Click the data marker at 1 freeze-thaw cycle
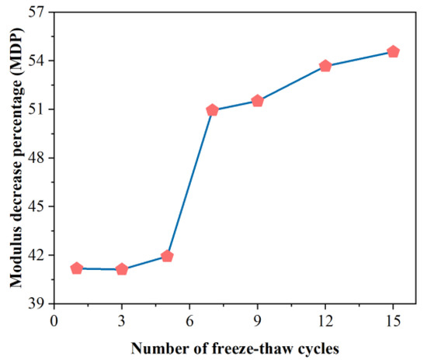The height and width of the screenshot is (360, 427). [x=76, y=268]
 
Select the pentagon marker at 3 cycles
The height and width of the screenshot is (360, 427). [x=122, y=269]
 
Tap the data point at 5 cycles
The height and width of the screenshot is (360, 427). [x=167, y=256]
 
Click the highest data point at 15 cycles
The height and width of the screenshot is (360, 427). [x=393, y=52]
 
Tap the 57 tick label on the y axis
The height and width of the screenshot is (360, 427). [x=37, y=12]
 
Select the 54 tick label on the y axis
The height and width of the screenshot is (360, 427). [x=37, y=61]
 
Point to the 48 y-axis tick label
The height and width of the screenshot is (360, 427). [x=37, y=158]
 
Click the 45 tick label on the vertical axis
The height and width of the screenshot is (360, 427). [x=37, y=206]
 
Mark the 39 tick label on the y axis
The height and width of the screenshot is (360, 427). [x=37, y=303]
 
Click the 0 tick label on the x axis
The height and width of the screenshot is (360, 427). [x=54, y=320]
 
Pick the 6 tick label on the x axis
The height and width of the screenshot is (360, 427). [x=189, y=320]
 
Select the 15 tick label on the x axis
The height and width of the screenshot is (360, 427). [x=393, y=320]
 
